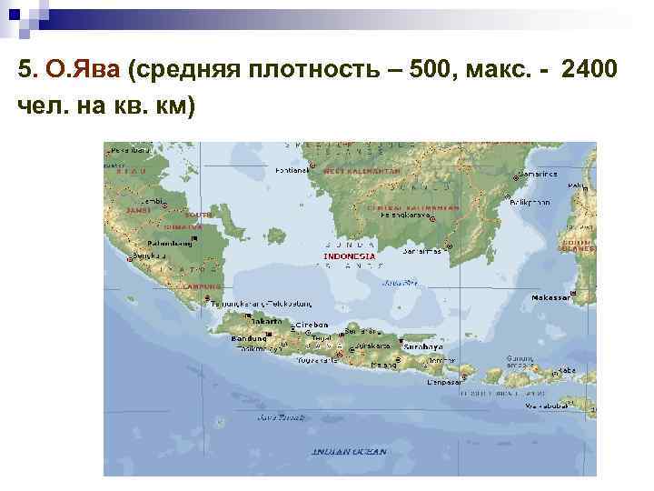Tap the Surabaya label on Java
424,346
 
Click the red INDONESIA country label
350,256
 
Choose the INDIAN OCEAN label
349,452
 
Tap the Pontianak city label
292,170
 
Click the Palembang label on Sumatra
169,243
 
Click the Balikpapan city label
530,202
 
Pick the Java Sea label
400,283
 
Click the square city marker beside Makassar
573,297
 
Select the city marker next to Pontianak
311,166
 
